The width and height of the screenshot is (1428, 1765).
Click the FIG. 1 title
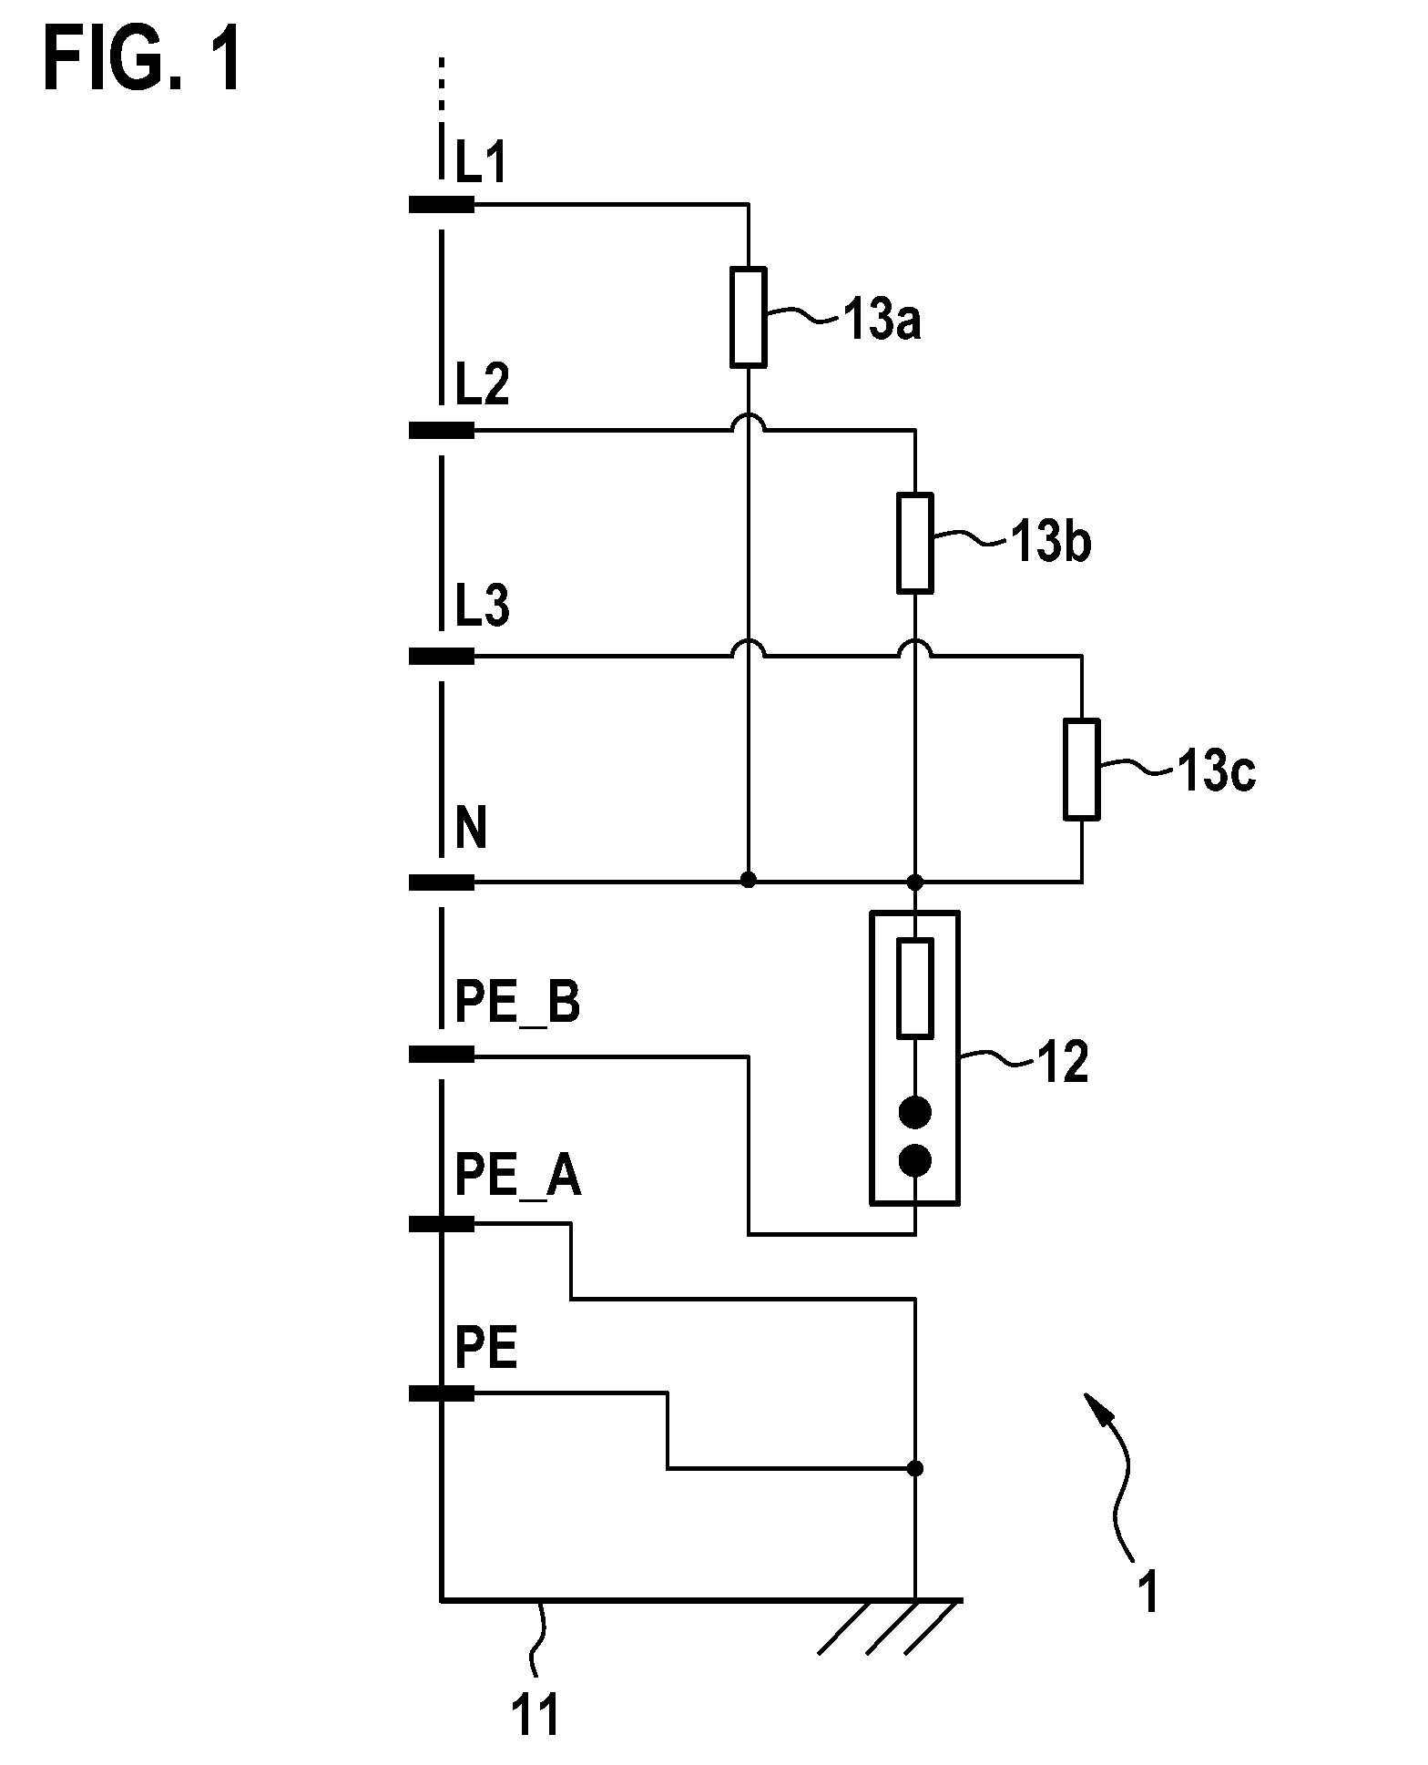(143, 59)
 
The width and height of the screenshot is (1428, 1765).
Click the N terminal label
(471, 830)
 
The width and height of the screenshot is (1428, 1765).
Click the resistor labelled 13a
(748, 317)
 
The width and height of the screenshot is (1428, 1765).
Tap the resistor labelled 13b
(915, 543)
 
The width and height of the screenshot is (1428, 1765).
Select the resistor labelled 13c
(1082, 769)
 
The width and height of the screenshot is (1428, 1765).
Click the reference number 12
(1062, 1062)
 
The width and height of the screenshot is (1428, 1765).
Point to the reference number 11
(535, 1717)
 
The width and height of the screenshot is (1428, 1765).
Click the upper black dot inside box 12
(915, 1112)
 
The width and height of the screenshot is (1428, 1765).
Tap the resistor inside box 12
(915, 988)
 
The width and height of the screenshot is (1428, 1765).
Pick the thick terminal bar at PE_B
(442, 1055)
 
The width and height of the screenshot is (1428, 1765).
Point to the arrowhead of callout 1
(1096, 1408)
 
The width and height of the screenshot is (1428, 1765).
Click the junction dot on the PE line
(915, 1468)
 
